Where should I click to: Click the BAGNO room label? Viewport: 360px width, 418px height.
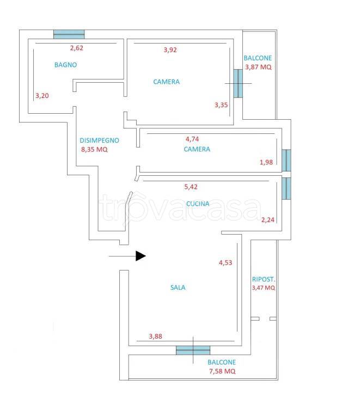[65, 65]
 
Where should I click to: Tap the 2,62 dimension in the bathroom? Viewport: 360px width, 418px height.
[77, 48]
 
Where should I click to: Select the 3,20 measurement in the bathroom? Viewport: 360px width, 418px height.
[42, 96]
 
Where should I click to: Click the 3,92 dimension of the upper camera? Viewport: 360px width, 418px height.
[170, 50]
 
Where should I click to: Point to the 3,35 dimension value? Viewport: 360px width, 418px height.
[221, 105]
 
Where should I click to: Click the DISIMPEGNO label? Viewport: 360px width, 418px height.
[100, 140]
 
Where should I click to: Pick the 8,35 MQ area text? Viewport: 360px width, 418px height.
[94, 150]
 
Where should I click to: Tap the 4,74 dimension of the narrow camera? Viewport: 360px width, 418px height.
[192, 139]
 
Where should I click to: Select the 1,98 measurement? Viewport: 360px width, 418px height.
[266, 162]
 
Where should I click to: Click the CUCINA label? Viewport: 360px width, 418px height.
[198, 204]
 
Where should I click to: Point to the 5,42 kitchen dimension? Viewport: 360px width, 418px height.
[191, 187]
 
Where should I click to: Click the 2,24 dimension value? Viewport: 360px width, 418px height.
[268, 220]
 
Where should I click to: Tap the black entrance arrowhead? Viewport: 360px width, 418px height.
[141, 256]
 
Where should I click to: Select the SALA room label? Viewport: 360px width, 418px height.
[178, 287]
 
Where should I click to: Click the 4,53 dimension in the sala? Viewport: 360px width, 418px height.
[225, 263]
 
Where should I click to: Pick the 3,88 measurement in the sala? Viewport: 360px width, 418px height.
[155, 336]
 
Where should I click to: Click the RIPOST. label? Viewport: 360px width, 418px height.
[264, 279]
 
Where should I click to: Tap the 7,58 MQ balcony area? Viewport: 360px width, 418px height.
[222, 371]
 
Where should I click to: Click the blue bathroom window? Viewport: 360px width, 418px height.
[69, 34]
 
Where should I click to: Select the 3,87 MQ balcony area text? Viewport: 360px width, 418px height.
[258, 67]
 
